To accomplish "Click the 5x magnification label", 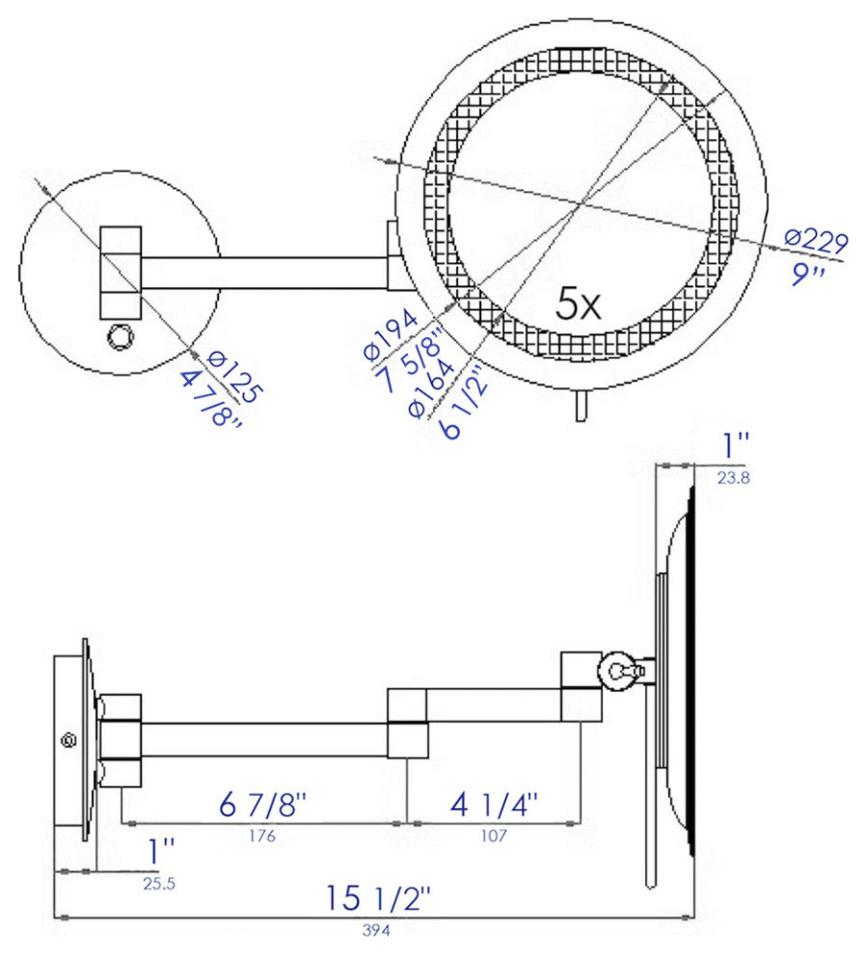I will coord(579,306).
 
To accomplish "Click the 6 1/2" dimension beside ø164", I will coord(463,405).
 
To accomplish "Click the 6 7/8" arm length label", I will coord(262,804).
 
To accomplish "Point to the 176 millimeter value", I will coord(261,835).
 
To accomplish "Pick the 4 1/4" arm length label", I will coord(494,804).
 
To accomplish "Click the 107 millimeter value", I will coord(493,835).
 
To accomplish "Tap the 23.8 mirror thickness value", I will coord(734,475).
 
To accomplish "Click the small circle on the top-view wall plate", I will coord(120,336).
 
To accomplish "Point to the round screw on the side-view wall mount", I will coord(68,740).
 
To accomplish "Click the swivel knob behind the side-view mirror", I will coord(618,671).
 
